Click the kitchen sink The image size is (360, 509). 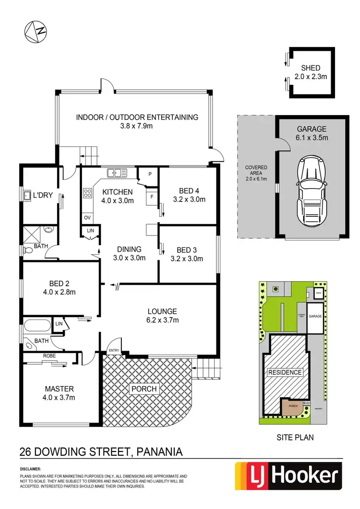[117, 172]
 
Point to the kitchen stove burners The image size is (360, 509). [88, 193]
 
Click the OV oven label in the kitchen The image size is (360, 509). [87, 217]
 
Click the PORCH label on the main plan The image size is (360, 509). [144, 388]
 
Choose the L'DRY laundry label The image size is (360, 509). [42, 195]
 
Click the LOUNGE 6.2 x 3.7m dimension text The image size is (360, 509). [162, 316]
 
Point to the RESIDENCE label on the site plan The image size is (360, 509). [285, 372]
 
